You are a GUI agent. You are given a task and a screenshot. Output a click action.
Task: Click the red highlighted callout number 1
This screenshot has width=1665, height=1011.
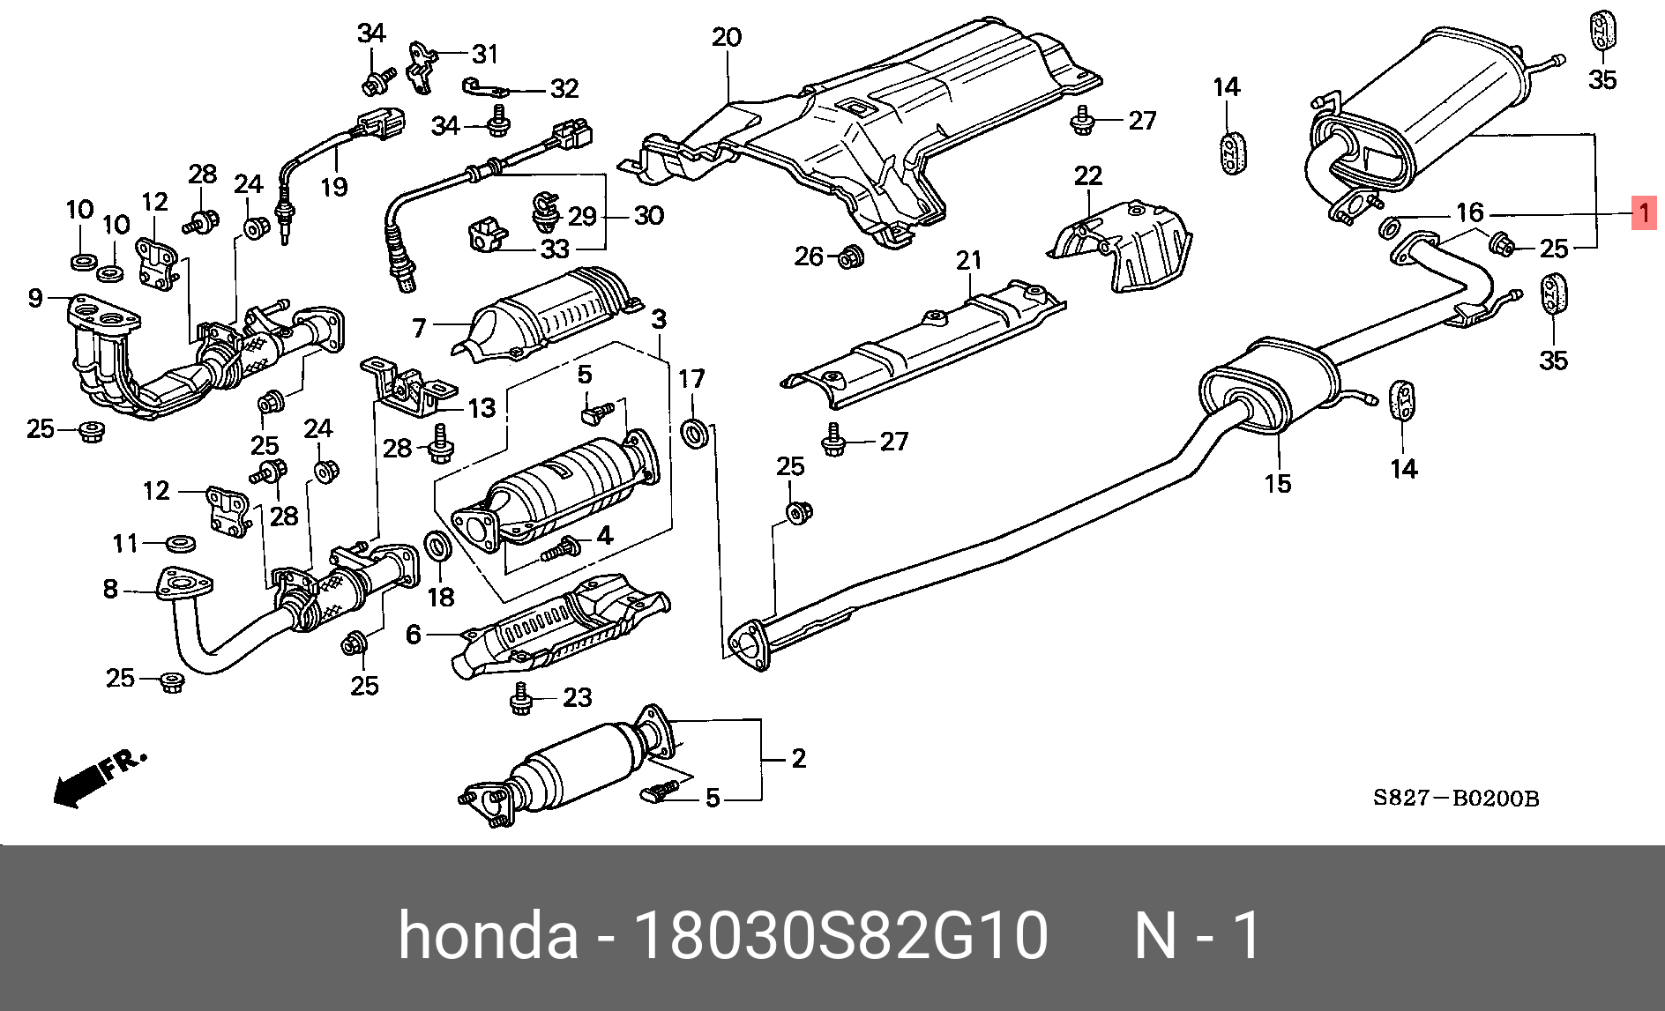tap(1644, 212)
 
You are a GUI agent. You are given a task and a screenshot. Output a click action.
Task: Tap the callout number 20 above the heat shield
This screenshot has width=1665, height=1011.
tap(727, 37)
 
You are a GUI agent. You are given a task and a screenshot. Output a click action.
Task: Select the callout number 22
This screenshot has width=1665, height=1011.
tap(1087, 175)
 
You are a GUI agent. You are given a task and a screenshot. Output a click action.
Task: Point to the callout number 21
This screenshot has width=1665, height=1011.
tap(968, 260)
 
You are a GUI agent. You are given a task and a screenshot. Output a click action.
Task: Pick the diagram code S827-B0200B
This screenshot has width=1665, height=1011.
tap(1455, 799)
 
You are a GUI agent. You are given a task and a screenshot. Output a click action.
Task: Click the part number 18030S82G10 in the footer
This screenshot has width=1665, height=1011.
tap(840, 935)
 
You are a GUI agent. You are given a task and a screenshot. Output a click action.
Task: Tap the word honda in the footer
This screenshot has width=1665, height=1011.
tap(488, 935)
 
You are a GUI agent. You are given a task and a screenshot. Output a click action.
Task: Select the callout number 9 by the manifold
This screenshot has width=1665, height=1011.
tap(35, 298)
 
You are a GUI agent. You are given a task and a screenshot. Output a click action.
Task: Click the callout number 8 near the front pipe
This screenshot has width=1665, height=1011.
tap(110, 588)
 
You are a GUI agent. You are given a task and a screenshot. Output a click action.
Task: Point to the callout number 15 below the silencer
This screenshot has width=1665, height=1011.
tap(1277, 483)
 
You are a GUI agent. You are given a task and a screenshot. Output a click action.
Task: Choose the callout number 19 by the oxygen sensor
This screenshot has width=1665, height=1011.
tap(334, 187)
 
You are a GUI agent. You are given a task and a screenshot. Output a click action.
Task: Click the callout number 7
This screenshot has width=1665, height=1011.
tap(419, 329)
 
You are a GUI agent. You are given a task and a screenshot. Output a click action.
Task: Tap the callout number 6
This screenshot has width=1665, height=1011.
tap(413, 634)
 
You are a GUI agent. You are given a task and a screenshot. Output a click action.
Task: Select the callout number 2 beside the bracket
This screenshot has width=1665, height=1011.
tap(798, 758)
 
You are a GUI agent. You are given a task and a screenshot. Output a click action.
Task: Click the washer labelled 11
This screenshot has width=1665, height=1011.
tap(181, 542)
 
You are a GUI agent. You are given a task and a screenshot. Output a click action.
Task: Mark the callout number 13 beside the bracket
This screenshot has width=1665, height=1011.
tap(482, 408)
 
